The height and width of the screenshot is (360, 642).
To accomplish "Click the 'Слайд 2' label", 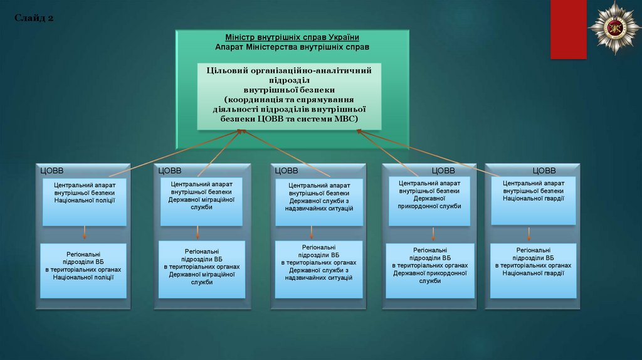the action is [x=34, y=18].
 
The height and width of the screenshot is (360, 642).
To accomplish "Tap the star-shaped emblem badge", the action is [x=614, y=27].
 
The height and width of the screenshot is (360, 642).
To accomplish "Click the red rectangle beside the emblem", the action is [x=568, y=29].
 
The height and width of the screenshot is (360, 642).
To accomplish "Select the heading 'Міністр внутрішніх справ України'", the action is [x=292, y=38].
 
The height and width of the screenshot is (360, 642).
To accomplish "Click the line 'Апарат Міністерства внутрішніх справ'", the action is [x=292, y=47].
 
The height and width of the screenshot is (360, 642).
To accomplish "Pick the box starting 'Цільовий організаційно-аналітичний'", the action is [x=288, y=96].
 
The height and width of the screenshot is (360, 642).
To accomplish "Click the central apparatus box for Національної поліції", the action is [x=85, y=202].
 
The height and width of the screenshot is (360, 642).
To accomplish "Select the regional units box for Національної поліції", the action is [x=83, y=270].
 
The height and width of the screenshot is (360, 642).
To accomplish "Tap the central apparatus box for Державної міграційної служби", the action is [x=201, y=202].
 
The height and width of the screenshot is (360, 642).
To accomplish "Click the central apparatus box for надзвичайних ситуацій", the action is [x=319, y=204].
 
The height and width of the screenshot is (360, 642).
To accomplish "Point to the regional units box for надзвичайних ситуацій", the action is [x=318, y=269].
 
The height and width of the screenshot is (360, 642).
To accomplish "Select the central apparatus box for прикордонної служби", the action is [x=429, y=201].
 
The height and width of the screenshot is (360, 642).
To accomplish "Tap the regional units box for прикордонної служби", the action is [x=429, y=270].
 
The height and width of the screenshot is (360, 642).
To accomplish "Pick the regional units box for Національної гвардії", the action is [x=534, y=270].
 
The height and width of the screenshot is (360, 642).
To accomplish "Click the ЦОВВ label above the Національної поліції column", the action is [x=52, y=171].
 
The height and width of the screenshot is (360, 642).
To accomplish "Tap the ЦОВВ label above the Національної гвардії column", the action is [x=544, y=171].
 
